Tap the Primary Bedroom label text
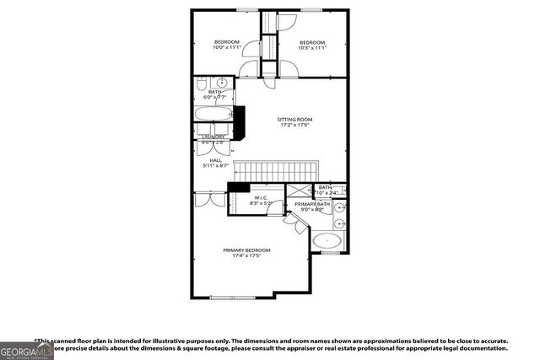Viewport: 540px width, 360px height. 246,250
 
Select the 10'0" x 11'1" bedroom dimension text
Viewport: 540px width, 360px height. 226,48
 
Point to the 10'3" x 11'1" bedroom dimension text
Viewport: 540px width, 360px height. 312,48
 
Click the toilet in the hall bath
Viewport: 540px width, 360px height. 202,84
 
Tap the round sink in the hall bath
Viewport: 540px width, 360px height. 221,83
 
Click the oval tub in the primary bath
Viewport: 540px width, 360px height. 327,242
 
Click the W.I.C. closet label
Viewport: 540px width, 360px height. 260,197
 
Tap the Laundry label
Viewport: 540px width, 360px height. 213,137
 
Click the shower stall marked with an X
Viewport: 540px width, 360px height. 299,192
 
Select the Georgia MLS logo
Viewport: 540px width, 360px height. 26,349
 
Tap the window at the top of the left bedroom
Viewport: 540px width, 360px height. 247,10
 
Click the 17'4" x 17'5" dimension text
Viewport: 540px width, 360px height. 246,256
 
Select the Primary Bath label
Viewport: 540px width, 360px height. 310,204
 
